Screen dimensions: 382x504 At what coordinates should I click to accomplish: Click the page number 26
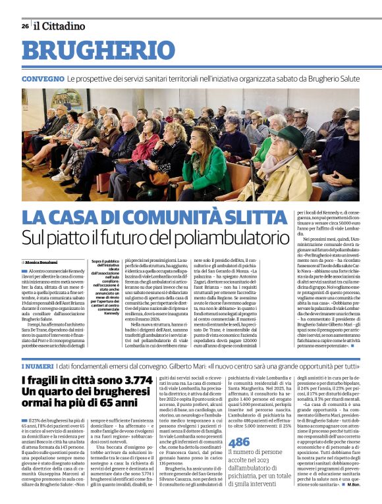point(25,26)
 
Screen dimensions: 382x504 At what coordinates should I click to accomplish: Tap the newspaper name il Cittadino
point(60,26)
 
